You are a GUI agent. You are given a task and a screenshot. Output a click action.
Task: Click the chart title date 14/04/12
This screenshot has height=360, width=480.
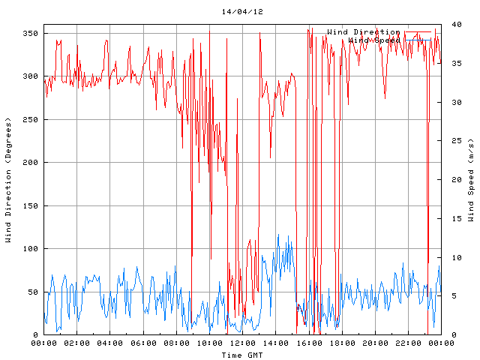pyautogui.click(x=242, y=12)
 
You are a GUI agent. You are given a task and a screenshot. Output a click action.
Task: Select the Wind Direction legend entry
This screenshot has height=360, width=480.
pyautogui.click(x=363, y=31)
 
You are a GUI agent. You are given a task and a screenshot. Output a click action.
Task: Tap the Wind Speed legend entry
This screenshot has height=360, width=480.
pyautogui.click(x=375, y=39)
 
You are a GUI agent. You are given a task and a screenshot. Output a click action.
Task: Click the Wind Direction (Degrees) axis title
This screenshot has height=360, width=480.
pyautogui.click(x=8, y=180)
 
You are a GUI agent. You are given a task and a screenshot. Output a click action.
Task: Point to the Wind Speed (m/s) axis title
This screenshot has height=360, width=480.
pyautogui.click(x=471, y=180)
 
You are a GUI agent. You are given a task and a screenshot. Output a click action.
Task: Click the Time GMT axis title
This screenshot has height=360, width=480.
pyautogui.click(x=242, y=354)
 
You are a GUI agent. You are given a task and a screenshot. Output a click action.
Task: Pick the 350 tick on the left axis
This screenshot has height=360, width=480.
pyautogui.click(x=31, y=34)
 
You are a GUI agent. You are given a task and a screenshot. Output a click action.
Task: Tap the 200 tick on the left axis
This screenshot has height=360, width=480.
pyautogui.click(x=31, y=163)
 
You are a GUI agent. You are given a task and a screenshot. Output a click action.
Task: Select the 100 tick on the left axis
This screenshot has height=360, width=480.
pyautogui.click(x=31, y=249)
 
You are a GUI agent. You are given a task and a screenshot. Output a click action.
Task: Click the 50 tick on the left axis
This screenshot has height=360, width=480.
pyautogui.click(x=33, y=292)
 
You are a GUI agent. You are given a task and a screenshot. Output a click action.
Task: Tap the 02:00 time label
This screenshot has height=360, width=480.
pyautogui.click(x=76, y=343)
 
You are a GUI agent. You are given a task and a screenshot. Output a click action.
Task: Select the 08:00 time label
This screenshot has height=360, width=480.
pyautogui.click(x=176, y=343)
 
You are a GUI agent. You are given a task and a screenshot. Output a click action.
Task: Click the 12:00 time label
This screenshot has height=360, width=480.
pyautogui.click(x=242, y=343)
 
